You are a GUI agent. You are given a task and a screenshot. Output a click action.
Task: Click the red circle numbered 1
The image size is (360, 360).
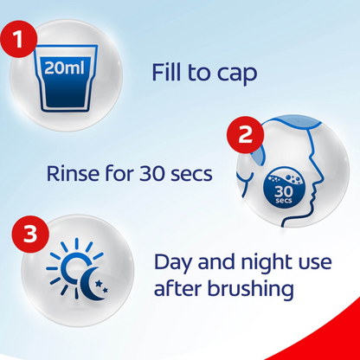[19, 39]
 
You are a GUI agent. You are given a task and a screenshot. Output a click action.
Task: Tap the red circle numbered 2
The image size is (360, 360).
[245, 135]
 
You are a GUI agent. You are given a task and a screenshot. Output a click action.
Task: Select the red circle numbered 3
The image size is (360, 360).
[30, 235]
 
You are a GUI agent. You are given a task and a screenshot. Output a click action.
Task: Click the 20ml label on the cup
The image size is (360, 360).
[65, 68]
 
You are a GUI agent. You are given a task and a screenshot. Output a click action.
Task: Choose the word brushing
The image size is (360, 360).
[250, 288]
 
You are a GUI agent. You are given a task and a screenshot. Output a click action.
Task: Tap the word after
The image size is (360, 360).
[178, 288]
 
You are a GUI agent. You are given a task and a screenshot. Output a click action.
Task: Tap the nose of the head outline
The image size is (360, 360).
[318, 178]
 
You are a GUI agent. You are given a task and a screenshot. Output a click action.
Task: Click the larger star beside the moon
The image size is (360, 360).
[99, 284]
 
